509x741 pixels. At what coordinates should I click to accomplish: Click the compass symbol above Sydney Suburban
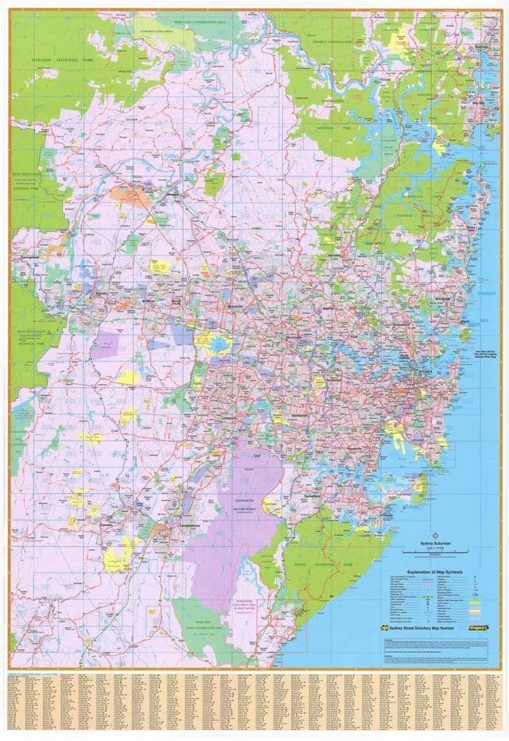coord(434,534)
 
